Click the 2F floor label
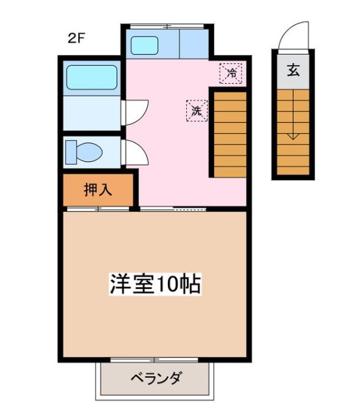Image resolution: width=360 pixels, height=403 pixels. tap(76, 37)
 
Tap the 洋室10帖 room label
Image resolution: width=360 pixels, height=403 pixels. tap(154, 285)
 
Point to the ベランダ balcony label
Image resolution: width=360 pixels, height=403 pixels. tap(156, 378)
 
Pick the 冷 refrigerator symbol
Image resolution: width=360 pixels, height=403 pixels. tap(230, 73)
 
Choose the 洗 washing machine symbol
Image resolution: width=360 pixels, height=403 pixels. tap(197, 111)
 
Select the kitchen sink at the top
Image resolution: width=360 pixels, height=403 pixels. tap(149, 45)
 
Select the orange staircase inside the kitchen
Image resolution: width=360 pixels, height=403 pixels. tap(229, 133)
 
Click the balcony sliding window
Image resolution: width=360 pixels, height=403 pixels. tap(155, 360)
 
